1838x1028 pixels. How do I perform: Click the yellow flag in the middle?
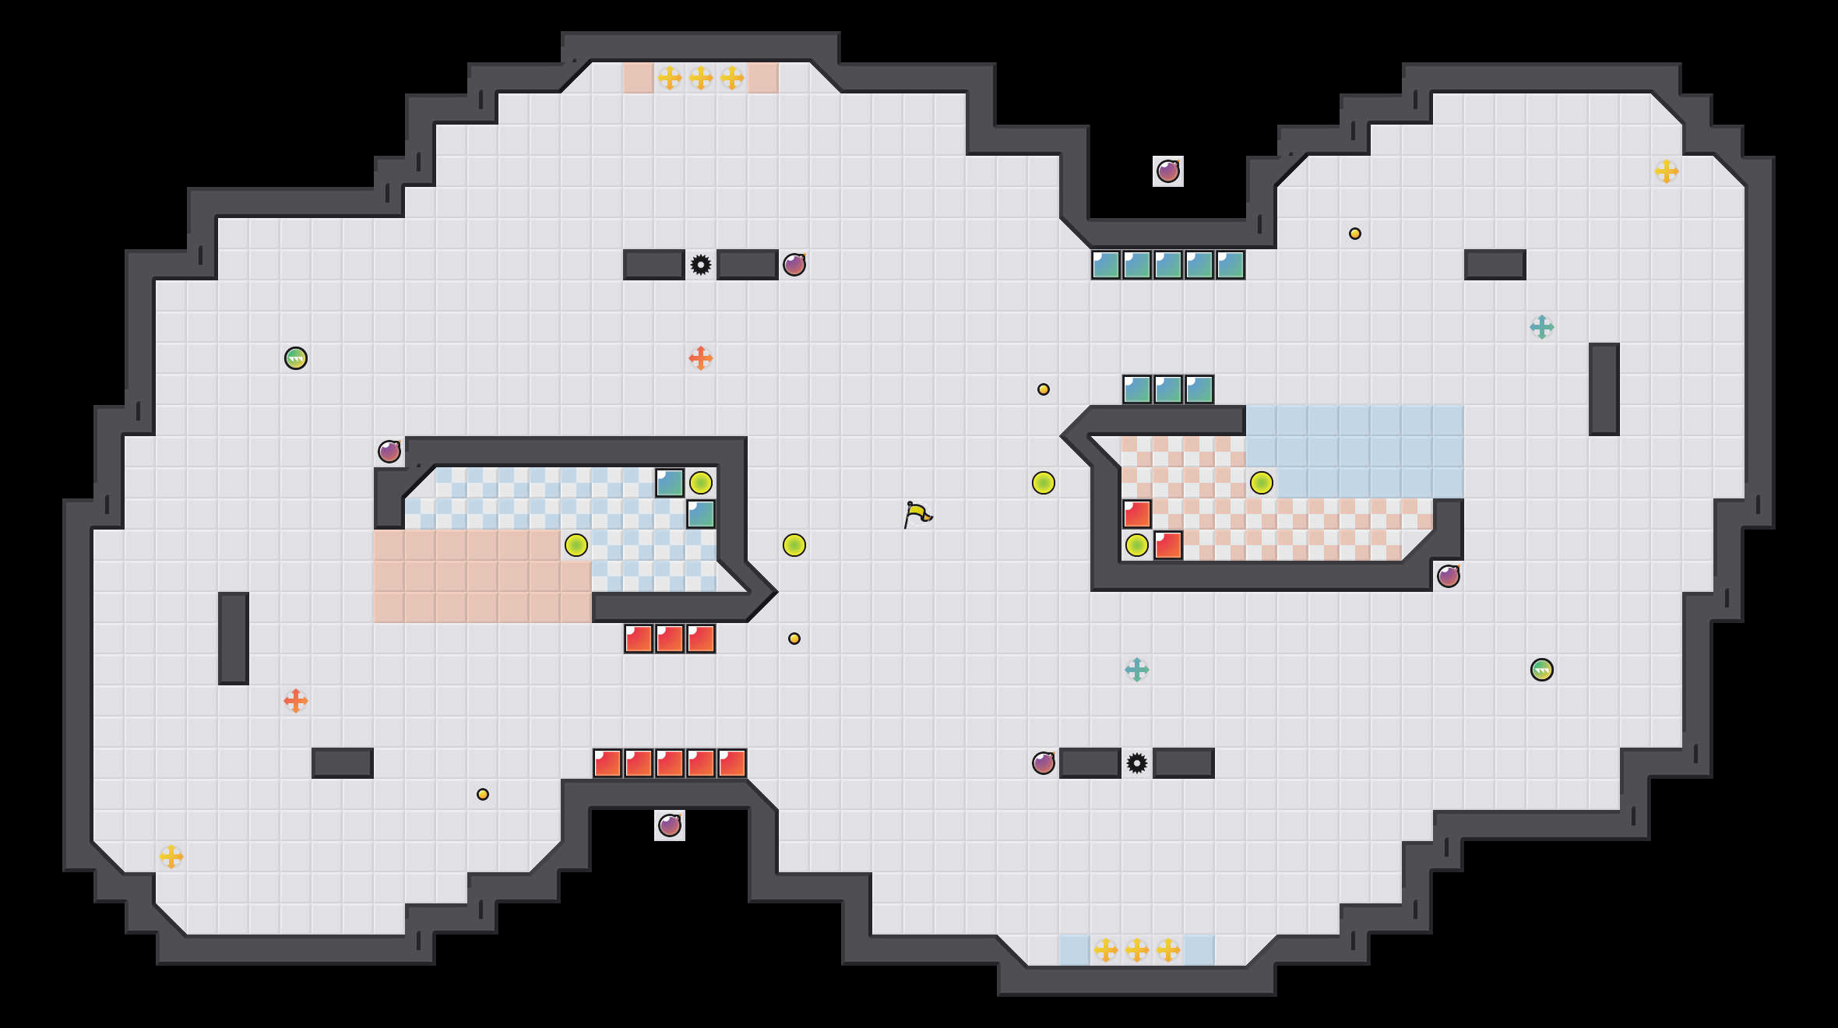(917, 514)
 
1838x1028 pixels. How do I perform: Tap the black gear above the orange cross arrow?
(701, 265)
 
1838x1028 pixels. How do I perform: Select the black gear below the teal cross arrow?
(1137, 763)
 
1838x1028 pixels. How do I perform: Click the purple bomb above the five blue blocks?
(1168, 171)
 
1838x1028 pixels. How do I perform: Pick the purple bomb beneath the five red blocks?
(670, 826)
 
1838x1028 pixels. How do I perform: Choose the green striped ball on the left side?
(296, 358)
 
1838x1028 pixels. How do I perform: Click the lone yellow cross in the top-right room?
(1667, 171)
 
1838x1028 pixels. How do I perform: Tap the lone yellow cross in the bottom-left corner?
(171, 857)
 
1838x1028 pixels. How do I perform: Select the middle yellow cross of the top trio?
(701, 78)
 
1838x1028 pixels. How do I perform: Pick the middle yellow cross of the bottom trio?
(1137, 950)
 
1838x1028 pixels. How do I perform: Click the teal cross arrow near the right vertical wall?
(1542, 327)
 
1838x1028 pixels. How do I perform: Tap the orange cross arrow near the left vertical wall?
(296, 701)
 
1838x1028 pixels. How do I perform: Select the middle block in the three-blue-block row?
(1168, 389)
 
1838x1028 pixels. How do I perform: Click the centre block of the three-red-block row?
(670, 639)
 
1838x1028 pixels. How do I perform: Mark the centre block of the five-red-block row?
(670, 763)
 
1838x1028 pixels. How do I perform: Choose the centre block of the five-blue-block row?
(1168, 265)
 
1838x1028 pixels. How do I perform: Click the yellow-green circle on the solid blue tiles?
(1262, 483)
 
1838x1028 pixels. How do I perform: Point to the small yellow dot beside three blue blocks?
(1044, 389)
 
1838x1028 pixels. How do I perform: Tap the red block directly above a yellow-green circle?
(1137, 514)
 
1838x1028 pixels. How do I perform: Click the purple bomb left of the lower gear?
(1044, 763)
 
